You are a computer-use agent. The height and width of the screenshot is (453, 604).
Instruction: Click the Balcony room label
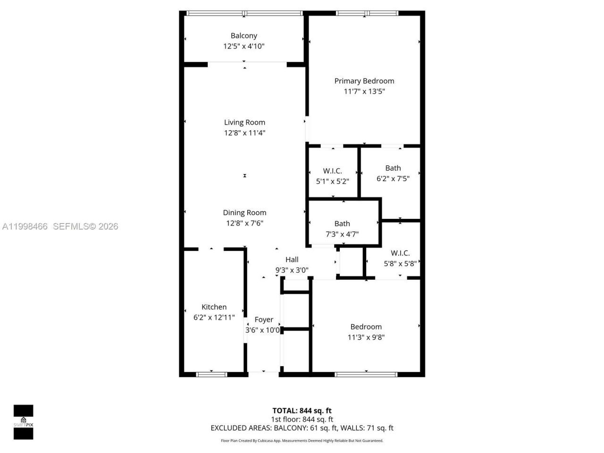coord(243,35)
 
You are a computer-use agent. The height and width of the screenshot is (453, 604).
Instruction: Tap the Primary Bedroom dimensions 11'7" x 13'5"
coord(364,92)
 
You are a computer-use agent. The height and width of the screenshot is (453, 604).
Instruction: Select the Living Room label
coord(244,122)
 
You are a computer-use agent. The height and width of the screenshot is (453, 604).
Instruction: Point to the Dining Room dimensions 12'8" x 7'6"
coord(244,223)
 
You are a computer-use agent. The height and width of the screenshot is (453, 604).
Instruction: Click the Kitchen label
coord(214,307)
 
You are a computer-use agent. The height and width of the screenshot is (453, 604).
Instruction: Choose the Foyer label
coord(264,319)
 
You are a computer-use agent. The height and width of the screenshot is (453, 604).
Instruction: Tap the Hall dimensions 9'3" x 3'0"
coord(292,270)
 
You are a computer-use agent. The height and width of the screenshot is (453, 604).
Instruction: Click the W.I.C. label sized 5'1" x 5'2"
coord(332,171)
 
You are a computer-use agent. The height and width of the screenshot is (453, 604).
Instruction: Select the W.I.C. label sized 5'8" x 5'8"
coord(400,253)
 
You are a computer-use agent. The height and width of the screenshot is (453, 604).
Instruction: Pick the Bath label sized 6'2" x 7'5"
coord(393,168)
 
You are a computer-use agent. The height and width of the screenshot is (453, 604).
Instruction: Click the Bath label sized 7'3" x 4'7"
coord(342,224)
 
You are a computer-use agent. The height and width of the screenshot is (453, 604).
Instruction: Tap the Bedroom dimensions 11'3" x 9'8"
coord(366,337)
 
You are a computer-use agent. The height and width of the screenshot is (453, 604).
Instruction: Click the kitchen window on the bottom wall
coord(211,375)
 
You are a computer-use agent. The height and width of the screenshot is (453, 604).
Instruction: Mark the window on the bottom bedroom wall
coord(366,375)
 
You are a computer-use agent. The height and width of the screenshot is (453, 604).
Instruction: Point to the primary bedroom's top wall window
coord(367,13)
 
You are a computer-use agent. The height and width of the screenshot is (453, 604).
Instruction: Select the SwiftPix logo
coord(23,422)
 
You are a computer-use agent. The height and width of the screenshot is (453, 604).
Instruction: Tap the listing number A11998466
coord(25,226)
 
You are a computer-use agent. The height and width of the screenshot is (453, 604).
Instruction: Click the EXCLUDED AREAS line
coord(302,428)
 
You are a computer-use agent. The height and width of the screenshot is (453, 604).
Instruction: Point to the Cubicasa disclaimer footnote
coord(302,441)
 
